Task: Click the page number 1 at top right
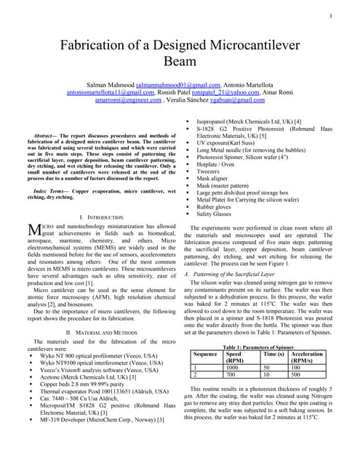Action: coord(331,16)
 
